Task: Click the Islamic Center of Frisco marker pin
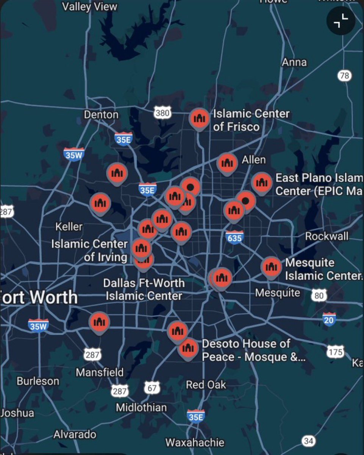(x=199, y=118)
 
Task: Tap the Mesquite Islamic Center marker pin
(x=271, y=267)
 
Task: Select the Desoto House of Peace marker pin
(x=188, y=348)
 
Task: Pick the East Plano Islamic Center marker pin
(x=261, y=183)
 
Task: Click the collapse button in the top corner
(x=341, y=21)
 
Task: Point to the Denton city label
(x=101, y=115)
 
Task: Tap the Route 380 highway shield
(x=163, y=113)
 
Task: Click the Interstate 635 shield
(x=234, y=237)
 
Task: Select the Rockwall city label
(x=327, y=236)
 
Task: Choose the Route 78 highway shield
(x=344, y=76)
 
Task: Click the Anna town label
(x=294, y=62)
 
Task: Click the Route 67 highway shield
(x=152, y=388)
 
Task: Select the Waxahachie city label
(x=195, y=442)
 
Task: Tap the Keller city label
(x=69, y=227)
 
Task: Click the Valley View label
(x=90, y=6)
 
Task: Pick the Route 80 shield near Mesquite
(x=319, y=295)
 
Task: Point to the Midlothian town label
(x=141, y=408)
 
